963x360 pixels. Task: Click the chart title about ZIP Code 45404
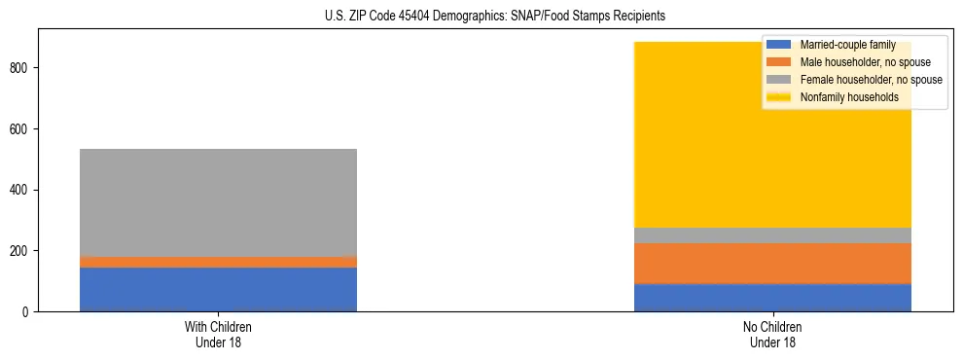(481, 17)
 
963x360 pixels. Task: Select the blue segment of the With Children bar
(218, 289)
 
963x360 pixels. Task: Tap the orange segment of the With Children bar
(218, 262)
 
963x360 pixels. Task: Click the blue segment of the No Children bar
(772, 297)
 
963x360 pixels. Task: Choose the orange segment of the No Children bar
(772, 263)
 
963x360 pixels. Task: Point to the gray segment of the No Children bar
(772, 234)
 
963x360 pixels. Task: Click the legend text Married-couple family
(847, 45)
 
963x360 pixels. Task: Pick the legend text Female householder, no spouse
(871, 80)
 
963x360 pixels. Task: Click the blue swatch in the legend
(779, 45)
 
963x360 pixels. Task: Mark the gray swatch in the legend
(779, 80)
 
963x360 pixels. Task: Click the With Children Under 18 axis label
(218, 333)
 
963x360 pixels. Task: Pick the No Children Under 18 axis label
(772, 333)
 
